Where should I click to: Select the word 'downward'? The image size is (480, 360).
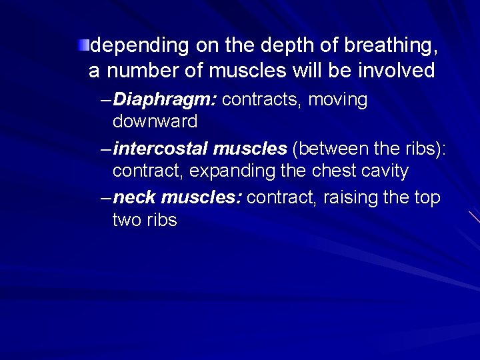click(155, 122)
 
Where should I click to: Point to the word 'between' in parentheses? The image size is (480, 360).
click(335, 150)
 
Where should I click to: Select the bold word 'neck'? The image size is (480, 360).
click(135, 198)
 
